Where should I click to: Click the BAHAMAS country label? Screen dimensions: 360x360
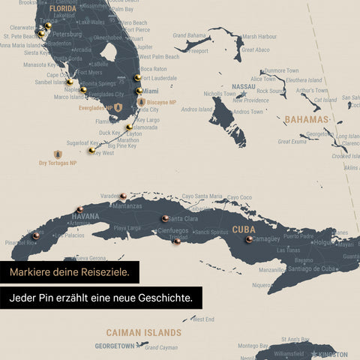click(306, 120)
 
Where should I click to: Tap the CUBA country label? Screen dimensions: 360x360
click(244, 229)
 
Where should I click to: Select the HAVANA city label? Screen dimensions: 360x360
click(85, 217)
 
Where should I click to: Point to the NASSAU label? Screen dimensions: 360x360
click(243, 87)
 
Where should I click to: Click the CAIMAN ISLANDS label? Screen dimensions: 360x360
click(143, 331)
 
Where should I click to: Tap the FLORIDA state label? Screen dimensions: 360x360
click(62, 9)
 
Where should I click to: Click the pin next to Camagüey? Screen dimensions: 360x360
click(249, 239)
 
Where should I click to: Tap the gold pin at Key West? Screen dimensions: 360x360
click(91, 151)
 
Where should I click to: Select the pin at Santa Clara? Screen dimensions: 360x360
click(165, 218)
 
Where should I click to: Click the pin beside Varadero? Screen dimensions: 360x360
click(123, 196)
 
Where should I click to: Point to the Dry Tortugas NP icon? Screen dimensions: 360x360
click(58, 154)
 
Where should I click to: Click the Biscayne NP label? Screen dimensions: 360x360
click(161, 102)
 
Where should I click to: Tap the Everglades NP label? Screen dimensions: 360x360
click(94, 108)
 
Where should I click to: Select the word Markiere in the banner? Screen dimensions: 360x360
click(34, 271)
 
